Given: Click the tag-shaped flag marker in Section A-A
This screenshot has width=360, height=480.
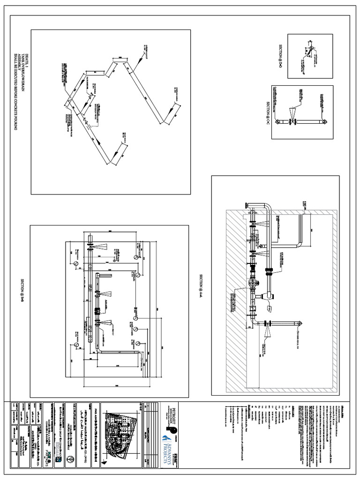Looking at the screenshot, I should [x=270, y=308].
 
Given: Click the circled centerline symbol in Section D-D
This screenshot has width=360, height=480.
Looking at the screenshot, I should [x=310, y=49].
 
